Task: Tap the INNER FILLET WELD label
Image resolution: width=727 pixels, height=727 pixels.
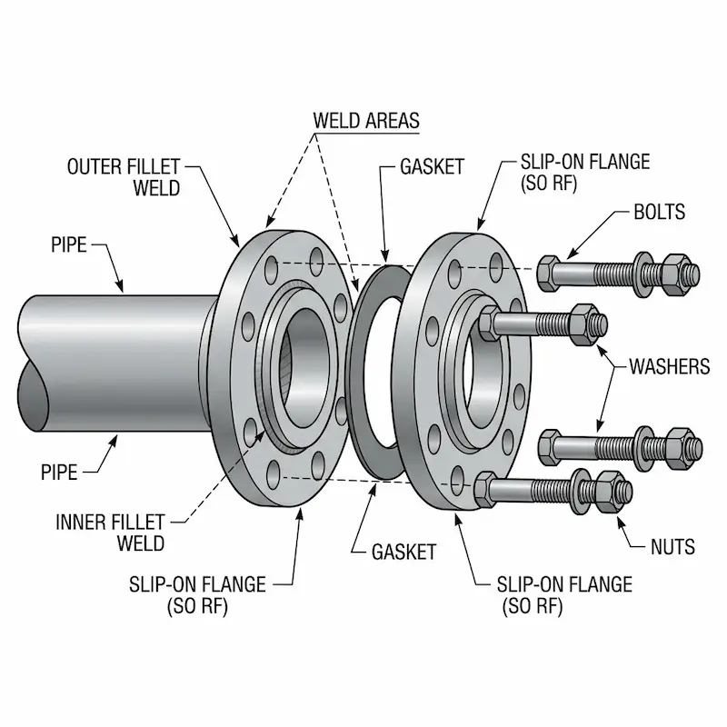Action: coord(110,533)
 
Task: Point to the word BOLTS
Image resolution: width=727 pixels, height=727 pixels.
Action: coord(659,214)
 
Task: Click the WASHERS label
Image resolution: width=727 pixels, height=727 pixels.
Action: coord(670,367)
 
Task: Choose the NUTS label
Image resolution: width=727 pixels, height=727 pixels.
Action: coord(672,546)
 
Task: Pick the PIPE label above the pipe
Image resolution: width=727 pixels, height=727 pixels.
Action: coord(68,245)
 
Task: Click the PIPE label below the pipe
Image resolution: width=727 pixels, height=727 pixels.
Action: coord(59,472)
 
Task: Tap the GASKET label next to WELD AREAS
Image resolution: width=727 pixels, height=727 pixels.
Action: coord(432,167)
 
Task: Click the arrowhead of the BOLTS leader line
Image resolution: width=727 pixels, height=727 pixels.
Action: coord(570,258)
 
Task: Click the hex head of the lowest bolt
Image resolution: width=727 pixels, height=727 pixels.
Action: coord(486,491)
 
